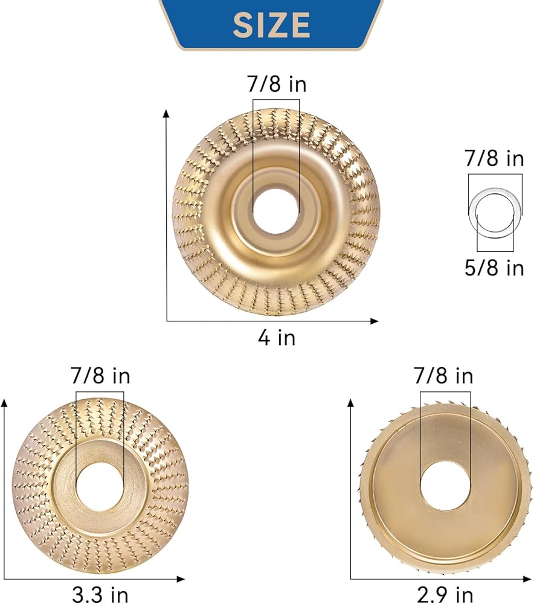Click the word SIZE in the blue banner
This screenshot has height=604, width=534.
(x=271, y=25)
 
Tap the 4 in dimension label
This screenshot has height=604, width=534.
(x=277, y=338)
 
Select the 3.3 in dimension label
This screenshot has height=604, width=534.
(x=100, y=594)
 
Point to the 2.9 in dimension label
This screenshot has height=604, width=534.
(x=445, y=594)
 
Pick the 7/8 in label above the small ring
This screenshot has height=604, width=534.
(x=495, y=158)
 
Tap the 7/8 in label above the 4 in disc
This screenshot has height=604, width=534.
(x=277, y=83)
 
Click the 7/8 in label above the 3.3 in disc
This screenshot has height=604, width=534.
(x=100, y=376)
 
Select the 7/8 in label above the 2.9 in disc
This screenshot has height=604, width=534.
(x=443, y=376)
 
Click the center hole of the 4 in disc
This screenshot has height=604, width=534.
(x=276, y=211)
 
